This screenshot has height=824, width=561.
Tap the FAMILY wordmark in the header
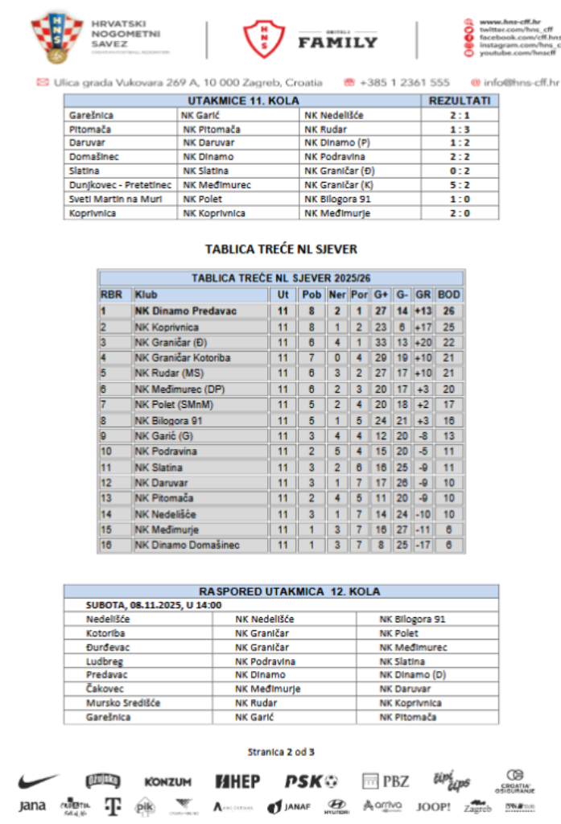[x=337, y=42]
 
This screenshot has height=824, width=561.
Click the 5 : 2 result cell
[x=460, y=185]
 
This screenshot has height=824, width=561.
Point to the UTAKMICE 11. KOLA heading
[x=243, y=101]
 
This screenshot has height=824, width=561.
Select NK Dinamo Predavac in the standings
[x=186, y=311]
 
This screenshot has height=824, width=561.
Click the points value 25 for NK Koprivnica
[x=448, y=328]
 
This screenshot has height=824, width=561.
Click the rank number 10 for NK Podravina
[x=107, y=452]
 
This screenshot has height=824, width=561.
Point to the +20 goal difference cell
[x=423, y=343]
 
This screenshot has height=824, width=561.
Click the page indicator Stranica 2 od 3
[x=281, y=752]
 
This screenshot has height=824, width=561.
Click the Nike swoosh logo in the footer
[x=39, y=781]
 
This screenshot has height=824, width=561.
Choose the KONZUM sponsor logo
[x=167, y=781]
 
